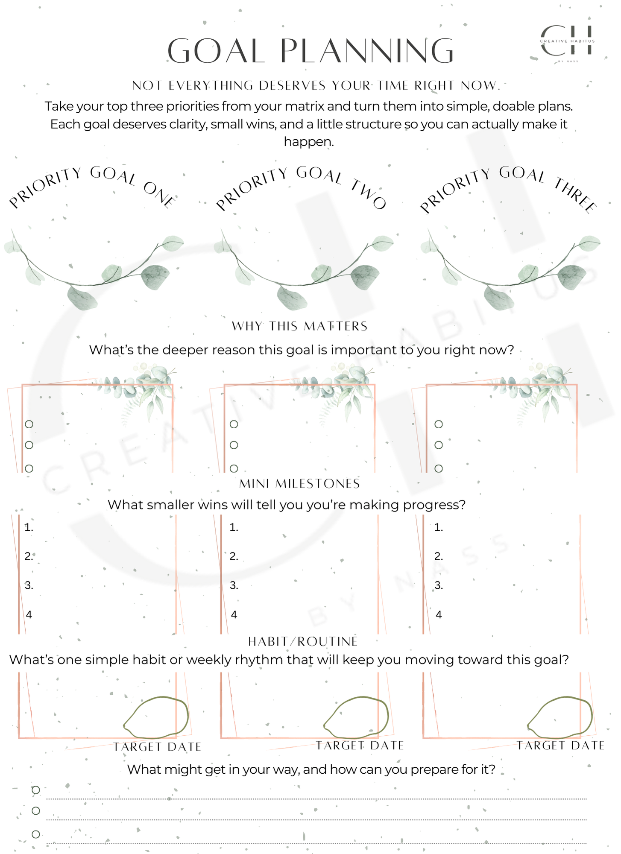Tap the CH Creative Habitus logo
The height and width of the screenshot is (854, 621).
tap(567, 41)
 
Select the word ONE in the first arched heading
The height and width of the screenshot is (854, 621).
tap(159, 194)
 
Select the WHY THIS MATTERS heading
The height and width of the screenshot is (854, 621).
tap(299, 326)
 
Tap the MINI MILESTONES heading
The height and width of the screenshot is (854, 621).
tap(299, 484)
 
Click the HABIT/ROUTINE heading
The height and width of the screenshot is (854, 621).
tap(303, 641)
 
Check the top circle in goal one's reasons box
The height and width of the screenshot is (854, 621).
tap(29, 424)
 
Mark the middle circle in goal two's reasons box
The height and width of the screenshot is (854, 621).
tap(234, 445)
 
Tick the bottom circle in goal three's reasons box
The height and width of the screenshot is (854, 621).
tap(438, 468)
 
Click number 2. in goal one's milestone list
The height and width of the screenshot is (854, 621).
tap(29, 556)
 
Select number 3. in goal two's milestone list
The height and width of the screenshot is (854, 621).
tap(234, 585)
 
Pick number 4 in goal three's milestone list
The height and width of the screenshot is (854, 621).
tap(439, 615)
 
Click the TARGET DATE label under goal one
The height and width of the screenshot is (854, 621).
tap(157, 747)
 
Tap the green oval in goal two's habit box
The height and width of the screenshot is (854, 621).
tap(356, 718)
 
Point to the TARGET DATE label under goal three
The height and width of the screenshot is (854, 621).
tap(560, 746)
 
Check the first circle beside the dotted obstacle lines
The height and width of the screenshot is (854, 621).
tap(36, 790)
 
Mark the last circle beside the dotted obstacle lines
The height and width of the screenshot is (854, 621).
tap(36, 834)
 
